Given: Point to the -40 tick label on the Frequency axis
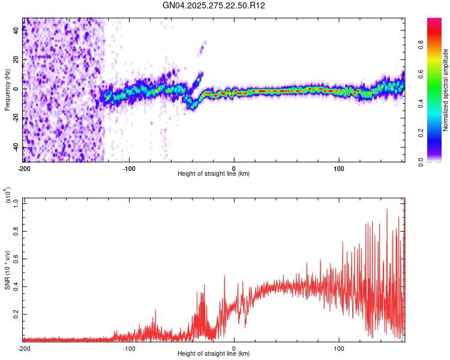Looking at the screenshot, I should click(x=16, y=148).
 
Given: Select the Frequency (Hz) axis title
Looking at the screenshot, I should click(x=7, y=90).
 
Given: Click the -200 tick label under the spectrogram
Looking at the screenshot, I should click(x=24, y=168).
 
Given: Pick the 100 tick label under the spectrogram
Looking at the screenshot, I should click(x=339, y=168).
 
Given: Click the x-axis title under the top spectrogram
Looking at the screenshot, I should click(x=214, y=174).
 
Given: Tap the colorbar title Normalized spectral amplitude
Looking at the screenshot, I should click(x=446, y=90).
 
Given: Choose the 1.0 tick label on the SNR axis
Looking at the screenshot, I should click(x=17, y=203).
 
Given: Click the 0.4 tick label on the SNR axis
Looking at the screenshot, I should click(x=17, y=286).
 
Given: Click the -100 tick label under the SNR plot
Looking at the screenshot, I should click(x=128, y=348).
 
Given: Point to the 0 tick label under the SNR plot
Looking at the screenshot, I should click(x=234, y=348).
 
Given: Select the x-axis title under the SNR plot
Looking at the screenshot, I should click(x=214, y=354).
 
